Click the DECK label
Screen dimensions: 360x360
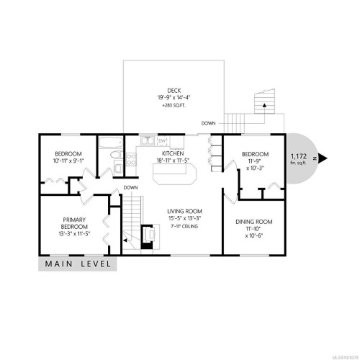tap(173, 89)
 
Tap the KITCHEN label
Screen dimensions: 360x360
tap(173, 153)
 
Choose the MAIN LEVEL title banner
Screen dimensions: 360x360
tap(78, 264)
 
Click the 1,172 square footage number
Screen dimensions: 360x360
tap(298, 156)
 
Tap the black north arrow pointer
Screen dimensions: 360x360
tap(324, 159)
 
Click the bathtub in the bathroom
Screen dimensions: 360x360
tap(110, 142)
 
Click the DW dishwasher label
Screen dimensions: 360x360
tap(162, 141)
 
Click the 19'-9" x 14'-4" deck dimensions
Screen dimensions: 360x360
tap(173, 97)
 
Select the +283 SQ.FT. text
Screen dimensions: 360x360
tap(173, 106)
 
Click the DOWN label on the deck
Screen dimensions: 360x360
tap(208, 122)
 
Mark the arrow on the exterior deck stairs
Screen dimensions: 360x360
tap(266, 105)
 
